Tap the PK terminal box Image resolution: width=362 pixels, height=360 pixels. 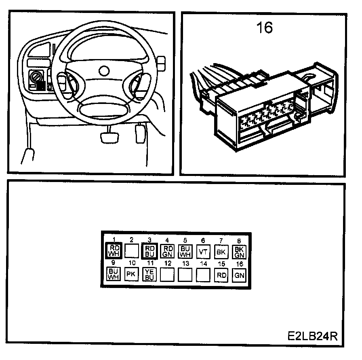(x=131, y=274)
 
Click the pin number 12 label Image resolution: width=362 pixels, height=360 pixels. (x=167, y=264)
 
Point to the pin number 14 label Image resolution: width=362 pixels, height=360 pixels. (x=203, y=264)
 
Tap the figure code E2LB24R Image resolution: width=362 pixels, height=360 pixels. (x=312, y=336)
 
